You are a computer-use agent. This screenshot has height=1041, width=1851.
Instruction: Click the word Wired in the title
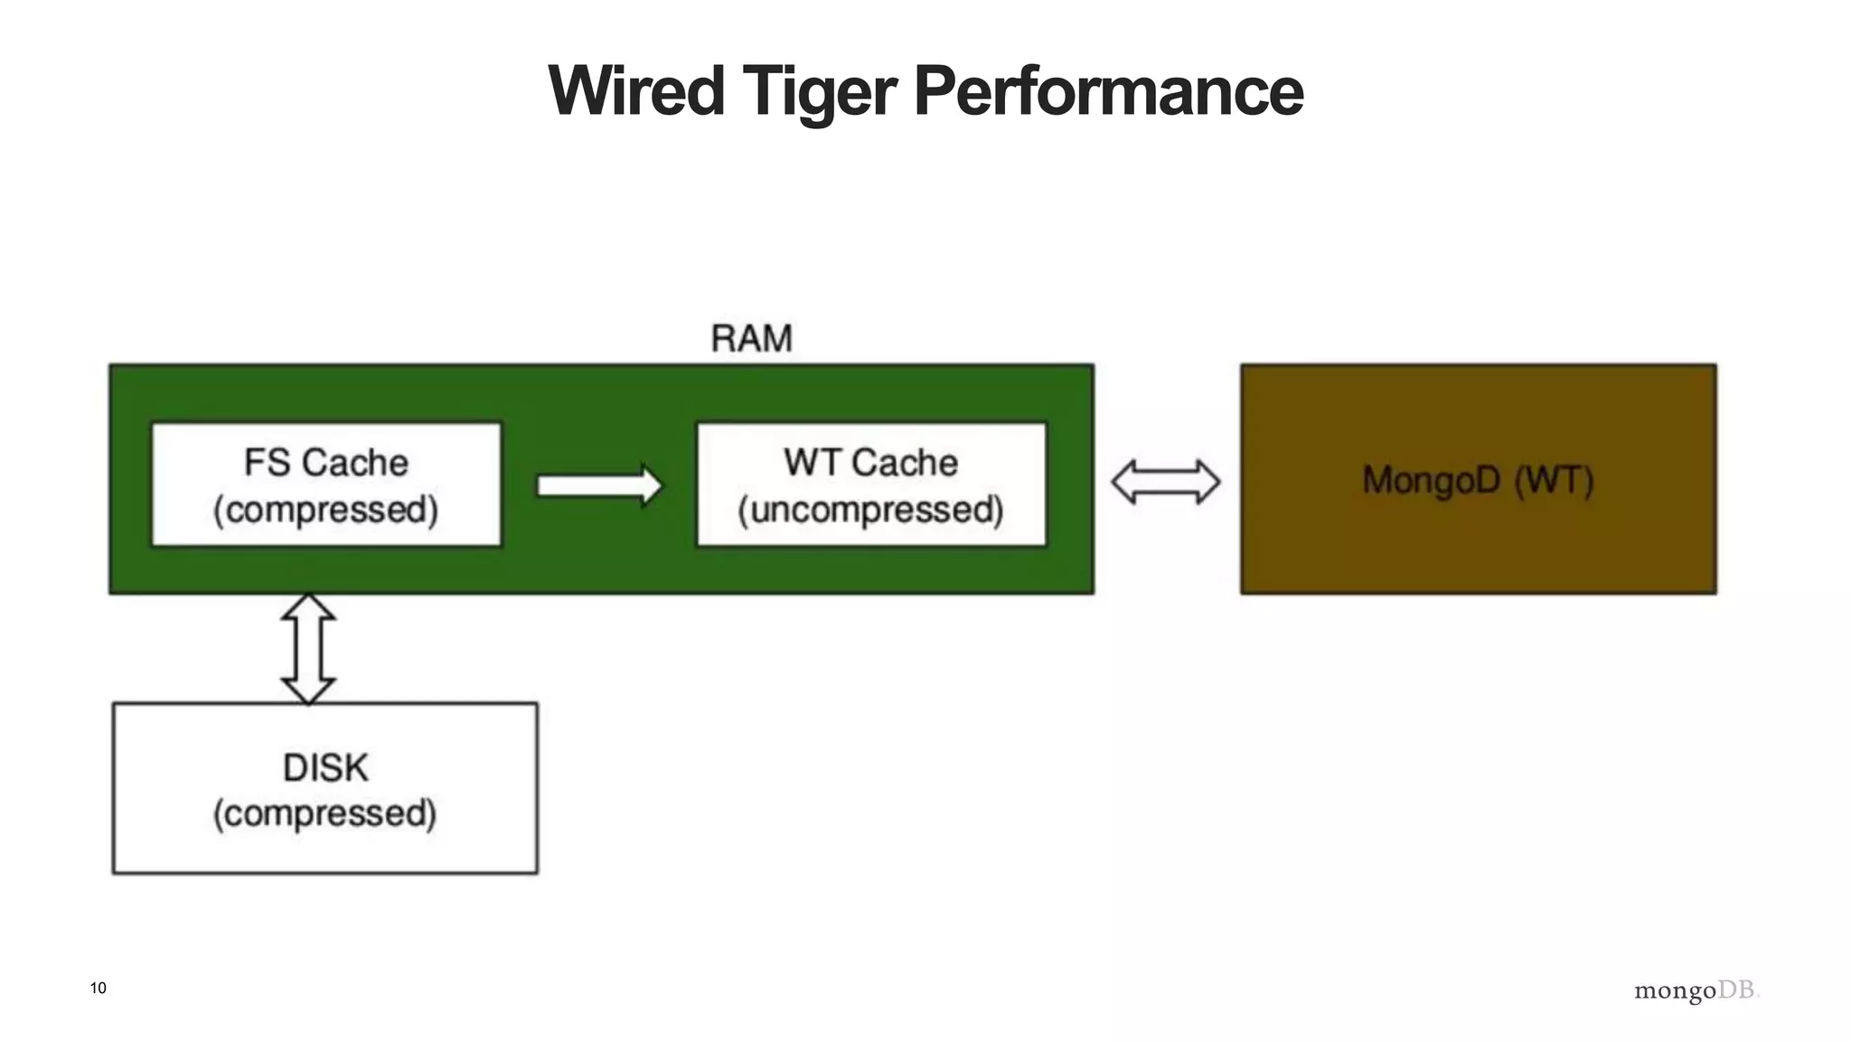pos(636,91)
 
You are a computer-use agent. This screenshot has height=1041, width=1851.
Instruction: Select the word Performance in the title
pos(1108,91)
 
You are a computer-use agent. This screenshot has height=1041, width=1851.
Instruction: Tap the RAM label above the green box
pos(751,339)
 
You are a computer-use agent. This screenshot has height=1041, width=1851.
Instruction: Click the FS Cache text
pos(326,463)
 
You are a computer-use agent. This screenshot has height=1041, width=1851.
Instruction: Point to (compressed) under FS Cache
pos(326,510)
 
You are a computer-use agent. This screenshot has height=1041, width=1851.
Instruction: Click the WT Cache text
pos(870,463)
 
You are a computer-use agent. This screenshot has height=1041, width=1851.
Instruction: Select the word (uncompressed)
pos(870,510)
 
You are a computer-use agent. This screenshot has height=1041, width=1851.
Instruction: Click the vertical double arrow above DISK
pos(308,649)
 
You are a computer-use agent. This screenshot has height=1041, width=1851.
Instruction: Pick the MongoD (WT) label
pos(1478,480)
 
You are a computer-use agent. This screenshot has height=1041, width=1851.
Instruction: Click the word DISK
pos(325,768)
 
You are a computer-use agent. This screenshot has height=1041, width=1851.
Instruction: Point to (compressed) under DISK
pos(325,813)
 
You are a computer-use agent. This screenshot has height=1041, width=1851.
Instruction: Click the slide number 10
pos(99,988)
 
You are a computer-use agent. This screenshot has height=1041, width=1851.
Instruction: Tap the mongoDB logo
pos(1696,991)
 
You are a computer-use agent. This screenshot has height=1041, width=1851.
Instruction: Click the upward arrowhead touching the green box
pos(308,607)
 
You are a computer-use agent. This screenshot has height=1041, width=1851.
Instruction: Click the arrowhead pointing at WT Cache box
pos(651,486)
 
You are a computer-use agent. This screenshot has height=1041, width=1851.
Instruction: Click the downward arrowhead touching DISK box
pos(308,690)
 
